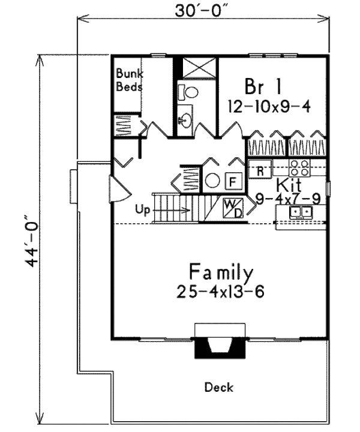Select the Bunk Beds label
[x=130, y=80]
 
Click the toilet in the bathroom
[x=191, y=92]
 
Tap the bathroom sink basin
[x=184, y=121]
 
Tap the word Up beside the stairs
[x=142, y=210]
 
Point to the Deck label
[x=218, y=387]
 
